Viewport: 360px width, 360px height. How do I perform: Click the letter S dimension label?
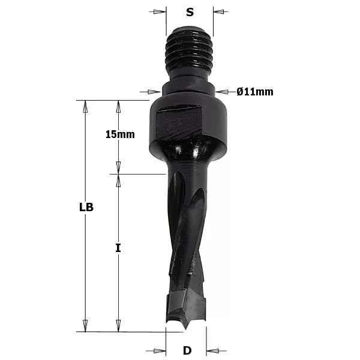click(190, 11)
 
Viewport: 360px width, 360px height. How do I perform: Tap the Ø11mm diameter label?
click(255, 91)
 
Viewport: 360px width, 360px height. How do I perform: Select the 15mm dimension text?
click(119, 134)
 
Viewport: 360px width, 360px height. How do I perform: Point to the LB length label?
click(86, 208)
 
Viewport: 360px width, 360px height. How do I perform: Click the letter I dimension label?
click(118, 247)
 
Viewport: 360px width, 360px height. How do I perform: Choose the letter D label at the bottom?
click(187, 350)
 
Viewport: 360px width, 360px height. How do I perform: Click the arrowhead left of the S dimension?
click(160, 11)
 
